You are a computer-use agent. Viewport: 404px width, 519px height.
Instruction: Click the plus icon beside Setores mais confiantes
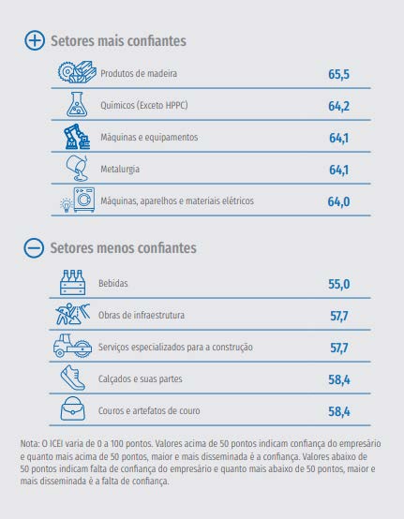coord(35,41)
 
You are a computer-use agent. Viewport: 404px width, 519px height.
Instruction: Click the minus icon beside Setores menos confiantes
coord(35,248)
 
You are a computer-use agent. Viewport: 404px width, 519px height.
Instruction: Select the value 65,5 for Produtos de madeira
coord(338,73)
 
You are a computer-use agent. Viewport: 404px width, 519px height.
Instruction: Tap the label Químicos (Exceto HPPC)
coord(144,106)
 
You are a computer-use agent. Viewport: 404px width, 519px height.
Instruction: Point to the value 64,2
coord(338,106)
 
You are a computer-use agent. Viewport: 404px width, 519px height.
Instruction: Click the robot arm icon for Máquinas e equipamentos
coord(75,138)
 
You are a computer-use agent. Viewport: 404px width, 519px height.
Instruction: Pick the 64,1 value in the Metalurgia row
coord(338,170)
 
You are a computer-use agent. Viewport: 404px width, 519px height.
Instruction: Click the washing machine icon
coord(83,200)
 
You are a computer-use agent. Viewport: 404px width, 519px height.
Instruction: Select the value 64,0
coord(338,201)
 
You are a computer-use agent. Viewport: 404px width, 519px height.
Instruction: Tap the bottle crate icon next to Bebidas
coord(72,281)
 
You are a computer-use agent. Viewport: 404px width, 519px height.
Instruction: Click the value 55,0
coord(338,283)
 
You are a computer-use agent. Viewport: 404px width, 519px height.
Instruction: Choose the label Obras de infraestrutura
coord(143,315)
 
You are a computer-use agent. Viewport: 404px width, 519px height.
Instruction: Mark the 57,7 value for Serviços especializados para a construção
coord(338,348)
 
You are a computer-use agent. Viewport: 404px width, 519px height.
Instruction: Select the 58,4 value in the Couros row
coord(338,411)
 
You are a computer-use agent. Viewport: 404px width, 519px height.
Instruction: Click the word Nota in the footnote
coord(30,442)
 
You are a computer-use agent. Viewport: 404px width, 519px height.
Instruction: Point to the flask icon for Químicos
coord(75,105)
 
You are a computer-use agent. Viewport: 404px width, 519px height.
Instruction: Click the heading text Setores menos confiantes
coord(122,248)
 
